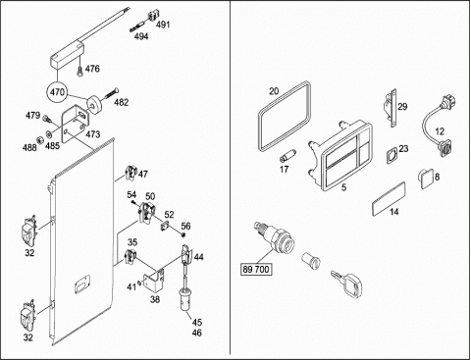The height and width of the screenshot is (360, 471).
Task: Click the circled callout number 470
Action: pos(57,92)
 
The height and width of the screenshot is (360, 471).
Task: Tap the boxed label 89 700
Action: pos(256,269)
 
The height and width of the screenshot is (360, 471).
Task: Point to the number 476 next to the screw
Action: pos(92,69)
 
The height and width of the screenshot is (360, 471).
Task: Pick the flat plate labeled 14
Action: pos(389,198)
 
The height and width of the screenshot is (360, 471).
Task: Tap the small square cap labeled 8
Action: pos(425,179)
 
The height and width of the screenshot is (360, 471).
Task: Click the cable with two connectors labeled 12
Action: pos(424,125)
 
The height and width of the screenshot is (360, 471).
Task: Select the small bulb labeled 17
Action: pos(288,155)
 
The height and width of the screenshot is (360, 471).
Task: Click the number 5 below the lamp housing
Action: pos(343,187)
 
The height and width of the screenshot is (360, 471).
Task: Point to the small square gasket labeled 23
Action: pos(392,155)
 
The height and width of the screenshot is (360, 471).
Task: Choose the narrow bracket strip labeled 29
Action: pos(392,107)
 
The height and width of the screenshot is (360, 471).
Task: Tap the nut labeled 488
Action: pos(38,139)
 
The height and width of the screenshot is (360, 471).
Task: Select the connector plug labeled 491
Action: pos(152,17)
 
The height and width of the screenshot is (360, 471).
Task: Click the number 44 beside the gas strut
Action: pos(198,257)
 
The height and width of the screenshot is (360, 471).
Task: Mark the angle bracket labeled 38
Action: pos(154,280)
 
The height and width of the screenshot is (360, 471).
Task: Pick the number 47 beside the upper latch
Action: pos(143,174)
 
